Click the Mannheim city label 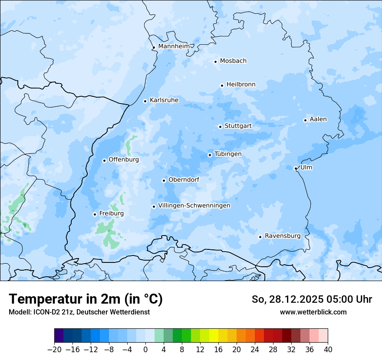click(x=174, y=46)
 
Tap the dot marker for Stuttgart click(x=220, y=127)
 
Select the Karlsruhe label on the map click(x=164, y=100)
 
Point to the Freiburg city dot click(x=95, y=214)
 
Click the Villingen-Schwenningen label click(x=194, y=206)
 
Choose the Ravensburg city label click(x=283, y=236)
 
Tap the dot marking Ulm click(x=296, y=168)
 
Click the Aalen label click(x=318, y=119)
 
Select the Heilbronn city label click(x=241, y=85)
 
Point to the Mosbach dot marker click(x=215, y=62)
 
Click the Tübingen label click(x=228, y=154)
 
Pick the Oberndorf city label click(x=184, y=180)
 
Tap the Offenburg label click(x=124, y=160)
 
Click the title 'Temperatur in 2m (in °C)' click(x=86, y=299)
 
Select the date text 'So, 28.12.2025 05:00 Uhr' click(x=312, y=299)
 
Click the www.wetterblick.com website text click(x=313, y=312)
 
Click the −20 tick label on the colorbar click(x=55, y=350)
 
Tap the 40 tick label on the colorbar click(x=328, y=350)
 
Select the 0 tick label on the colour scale click(x=145, y=350)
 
